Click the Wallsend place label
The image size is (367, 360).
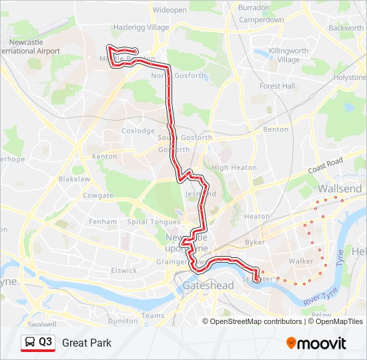click(340, 189)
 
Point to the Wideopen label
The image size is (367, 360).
click(170, 10)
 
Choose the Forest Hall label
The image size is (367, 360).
click(278, 86)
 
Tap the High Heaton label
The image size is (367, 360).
click(230, 167)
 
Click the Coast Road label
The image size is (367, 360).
click(325, 166)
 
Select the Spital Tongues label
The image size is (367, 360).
click(153, 222)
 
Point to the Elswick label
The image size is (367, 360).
click(123, 270)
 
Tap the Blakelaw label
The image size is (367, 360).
click(74, 179)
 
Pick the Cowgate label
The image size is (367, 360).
click(98, 196)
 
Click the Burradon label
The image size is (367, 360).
click(254, 7)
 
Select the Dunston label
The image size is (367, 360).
click(122, 320)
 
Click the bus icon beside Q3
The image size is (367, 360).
click(30, 343)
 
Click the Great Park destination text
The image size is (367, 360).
click(87, 343)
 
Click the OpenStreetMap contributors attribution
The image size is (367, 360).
click(255, 321)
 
